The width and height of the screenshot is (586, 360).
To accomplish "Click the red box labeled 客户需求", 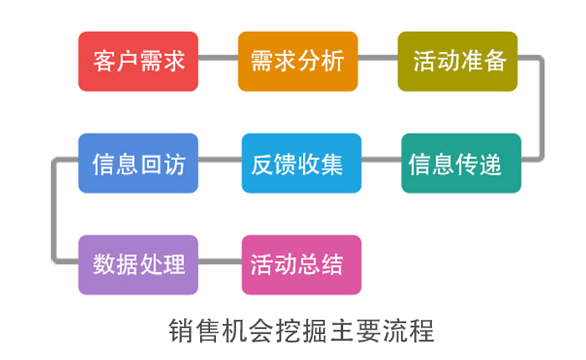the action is [x=138, y=61].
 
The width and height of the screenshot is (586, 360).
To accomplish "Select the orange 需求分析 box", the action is [x=298, y=61].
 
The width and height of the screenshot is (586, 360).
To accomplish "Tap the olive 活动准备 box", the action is [x=457, y=61].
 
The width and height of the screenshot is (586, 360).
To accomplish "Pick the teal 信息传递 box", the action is [x=461, y=163].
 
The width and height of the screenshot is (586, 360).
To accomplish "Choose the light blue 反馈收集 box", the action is [x=301, y=163].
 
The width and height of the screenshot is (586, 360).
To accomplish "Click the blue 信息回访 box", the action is [x=138, y=163].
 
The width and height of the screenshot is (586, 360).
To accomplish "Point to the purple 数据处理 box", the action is [x=138, y=265].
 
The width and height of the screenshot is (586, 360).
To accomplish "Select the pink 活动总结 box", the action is [x=301, y=265].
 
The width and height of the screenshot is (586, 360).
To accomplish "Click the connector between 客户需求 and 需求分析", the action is [x=218, y=58].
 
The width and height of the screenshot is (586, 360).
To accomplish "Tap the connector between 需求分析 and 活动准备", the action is [x=378, y=58].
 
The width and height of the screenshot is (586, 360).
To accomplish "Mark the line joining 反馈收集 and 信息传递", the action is [x=381, y=160].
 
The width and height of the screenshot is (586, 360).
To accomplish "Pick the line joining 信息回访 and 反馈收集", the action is [x=219, y=160].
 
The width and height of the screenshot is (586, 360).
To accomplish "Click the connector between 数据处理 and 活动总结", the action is [x=219, y=261].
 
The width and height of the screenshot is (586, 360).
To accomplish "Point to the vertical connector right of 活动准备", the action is [x=541, y=108].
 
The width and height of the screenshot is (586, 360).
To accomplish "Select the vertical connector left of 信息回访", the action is [x=54, y=210].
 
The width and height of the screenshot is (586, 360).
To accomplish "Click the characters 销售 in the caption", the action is [x=194, y=331].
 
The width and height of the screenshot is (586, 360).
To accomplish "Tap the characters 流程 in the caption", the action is [x=409, y=331].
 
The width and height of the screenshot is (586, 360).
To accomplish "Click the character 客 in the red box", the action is [x=105, y=61].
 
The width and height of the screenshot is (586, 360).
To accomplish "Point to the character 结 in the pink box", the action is [x=332, y=265].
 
